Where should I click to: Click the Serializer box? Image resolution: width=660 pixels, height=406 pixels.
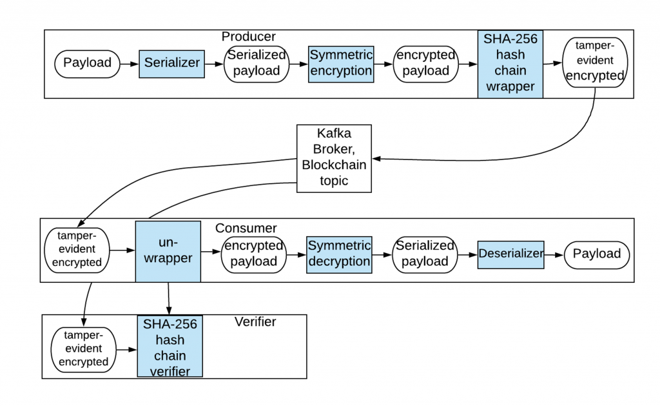(171, 63)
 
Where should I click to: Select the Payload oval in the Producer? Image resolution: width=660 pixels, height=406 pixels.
(87, 63)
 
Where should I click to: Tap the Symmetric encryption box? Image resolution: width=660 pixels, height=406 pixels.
(341, 63)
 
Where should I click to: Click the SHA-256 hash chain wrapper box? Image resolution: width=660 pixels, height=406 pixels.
(510, 64)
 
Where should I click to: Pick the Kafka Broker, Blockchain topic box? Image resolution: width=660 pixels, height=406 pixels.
(334, 158)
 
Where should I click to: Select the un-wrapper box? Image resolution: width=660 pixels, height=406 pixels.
(168, 251)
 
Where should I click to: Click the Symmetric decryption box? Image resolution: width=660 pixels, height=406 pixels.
(339, 254)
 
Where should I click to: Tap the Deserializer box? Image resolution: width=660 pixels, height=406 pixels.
(511, 254)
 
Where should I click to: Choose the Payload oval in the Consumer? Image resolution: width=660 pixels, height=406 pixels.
(596, 254)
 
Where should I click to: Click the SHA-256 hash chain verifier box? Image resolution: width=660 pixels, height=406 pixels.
(170, 346)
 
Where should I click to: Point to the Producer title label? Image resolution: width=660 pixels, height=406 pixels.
(248, 37)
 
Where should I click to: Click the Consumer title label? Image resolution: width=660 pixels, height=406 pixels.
(246, 228)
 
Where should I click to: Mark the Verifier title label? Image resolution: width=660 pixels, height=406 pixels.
(255, 321)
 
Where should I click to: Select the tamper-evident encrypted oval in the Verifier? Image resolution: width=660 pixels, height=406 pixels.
(83, 349)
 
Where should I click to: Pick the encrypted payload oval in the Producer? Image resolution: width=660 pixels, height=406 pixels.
(425, 63)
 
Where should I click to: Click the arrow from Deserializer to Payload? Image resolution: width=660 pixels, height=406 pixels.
(554, 254)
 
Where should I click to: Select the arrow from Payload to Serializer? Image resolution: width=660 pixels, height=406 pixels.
(129, 63)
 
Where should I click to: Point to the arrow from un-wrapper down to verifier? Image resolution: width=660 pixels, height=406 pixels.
(168, 298)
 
